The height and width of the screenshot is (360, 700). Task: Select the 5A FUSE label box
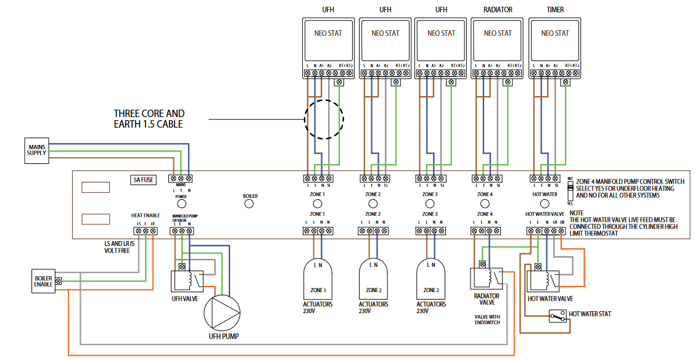coord(143,180)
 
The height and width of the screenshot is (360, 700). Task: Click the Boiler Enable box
coord(43,280)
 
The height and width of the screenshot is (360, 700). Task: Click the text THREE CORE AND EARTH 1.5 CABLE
coord(149,119)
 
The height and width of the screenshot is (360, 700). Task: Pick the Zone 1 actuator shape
coord(318,278)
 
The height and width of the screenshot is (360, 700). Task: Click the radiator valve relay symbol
coord(487,278)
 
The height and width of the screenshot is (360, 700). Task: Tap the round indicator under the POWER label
coord(181,203)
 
